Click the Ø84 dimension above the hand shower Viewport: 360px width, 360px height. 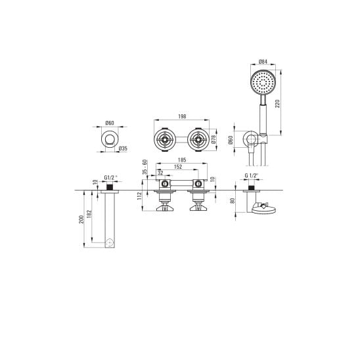(263, 62)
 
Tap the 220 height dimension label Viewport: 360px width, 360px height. (277, 104)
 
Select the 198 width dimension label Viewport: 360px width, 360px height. (182, 116)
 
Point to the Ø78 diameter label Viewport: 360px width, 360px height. (214, 139)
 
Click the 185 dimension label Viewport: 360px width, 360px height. (182, 160)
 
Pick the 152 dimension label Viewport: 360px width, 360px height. (178, 167)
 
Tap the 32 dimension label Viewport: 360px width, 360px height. (160, 173)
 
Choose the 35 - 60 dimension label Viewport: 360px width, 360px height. (145, 167)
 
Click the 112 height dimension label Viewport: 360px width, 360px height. (139, 196)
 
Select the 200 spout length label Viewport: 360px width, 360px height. (81, 219)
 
